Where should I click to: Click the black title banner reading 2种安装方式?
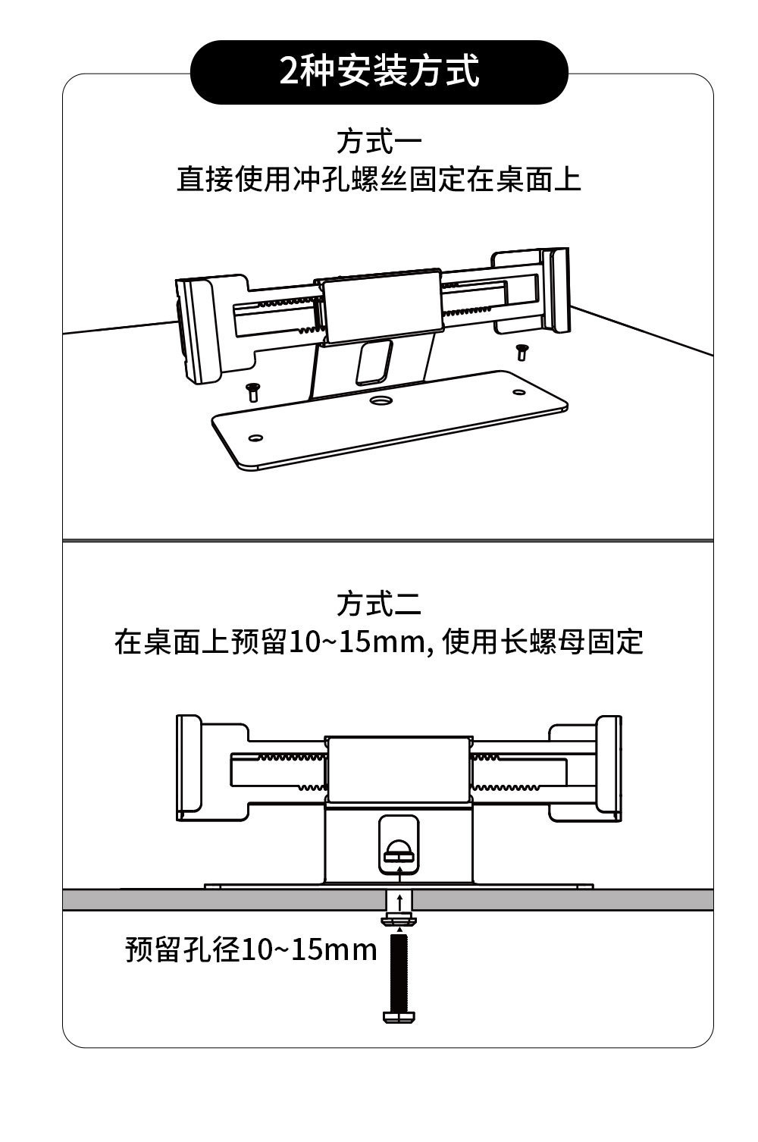379,72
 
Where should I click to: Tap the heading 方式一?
379,142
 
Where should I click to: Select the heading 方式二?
379,604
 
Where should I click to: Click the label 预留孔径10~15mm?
251,949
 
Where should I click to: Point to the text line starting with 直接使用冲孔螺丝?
379,180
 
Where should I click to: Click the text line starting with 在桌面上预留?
379,642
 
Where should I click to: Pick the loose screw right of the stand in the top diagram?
522,351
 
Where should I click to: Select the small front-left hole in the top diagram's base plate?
255,438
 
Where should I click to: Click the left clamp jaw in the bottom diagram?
189,766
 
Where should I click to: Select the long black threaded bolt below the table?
400,978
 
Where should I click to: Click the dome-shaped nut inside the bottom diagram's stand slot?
399,851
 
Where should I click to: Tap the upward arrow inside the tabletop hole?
399,902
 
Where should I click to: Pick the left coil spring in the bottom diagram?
292,757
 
